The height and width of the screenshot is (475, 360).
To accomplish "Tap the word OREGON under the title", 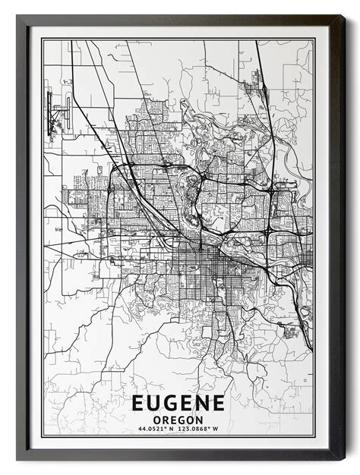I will [x=178, y=420].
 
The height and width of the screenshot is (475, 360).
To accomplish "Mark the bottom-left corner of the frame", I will [x=18, y=458].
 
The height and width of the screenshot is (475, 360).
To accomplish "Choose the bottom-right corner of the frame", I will [x=343, y=458].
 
